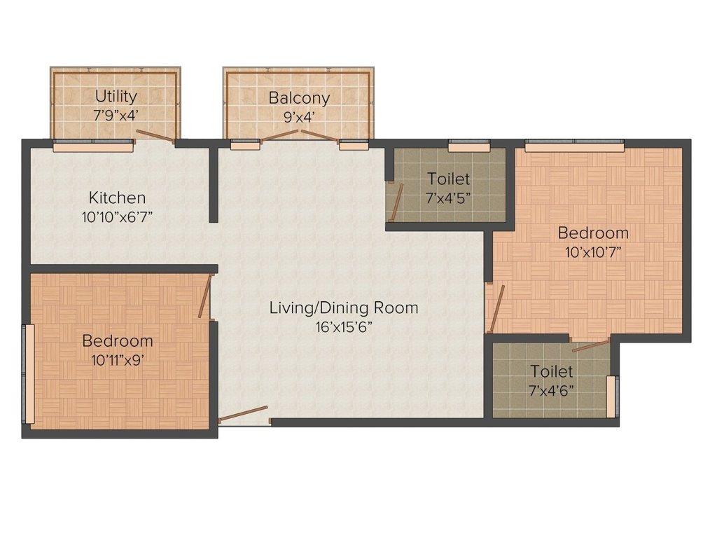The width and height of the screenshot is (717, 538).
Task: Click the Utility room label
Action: (x=116, y=97)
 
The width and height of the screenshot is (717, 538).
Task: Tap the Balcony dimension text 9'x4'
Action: (x=299, y=116)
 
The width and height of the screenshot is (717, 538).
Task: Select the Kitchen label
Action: (x=117, y=198)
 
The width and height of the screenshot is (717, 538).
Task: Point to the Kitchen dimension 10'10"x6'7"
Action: (x=117, y=216)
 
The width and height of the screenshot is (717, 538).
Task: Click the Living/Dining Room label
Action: (x=344, y=308)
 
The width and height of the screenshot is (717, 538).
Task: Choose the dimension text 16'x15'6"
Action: (x=344, y=326)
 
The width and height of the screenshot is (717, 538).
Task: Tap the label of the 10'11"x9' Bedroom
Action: (x=118, y=341)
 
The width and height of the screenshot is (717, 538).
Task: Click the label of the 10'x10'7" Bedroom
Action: (x=592, y=233)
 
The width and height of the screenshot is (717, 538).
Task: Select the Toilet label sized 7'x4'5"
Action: (x=449, y=179)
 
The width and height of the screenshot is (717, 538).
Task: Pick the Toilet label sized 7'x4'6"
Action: (x=552, y=371)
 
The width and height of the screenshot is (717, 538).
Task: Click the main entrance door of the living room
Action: (x=243, y=414)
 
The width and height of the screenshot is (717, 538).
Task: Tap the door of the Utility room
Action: (x=155, y=136)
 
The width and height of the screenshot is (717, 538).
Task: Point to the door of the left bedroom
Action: (x=204, y=297)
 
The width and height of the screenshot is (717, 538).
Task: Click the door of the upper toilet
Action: (x=396, y=202)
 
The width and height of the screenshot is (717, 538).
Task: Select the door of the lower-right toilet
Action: (x=590, y=345)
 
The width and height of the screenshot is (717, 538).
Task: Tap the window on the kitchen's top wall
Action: (x=93, y=146)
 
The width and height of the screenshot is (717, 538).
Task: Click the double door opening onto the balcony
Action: (x=300, y=135)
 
